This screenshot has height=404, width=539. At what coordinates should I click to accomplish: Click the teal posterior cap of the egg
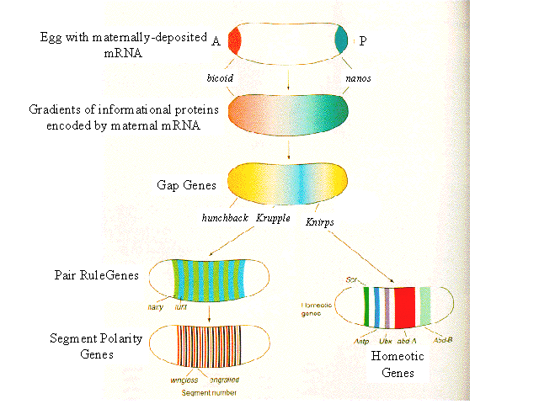click(341, 39)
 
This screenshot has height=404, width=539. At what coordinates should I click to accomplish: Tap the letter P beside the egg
click(363, 40)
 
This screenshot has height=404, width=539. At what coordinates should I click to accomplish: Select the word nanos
click(357, 78)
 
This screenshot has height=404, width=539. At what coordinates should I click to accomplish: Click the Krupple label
click(274, 217)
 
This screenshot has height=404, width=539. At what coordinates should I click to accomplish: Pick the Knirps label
click(323, 225)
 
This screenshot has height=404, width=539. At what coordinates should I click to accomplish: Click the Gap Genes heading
click(186, 183)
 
